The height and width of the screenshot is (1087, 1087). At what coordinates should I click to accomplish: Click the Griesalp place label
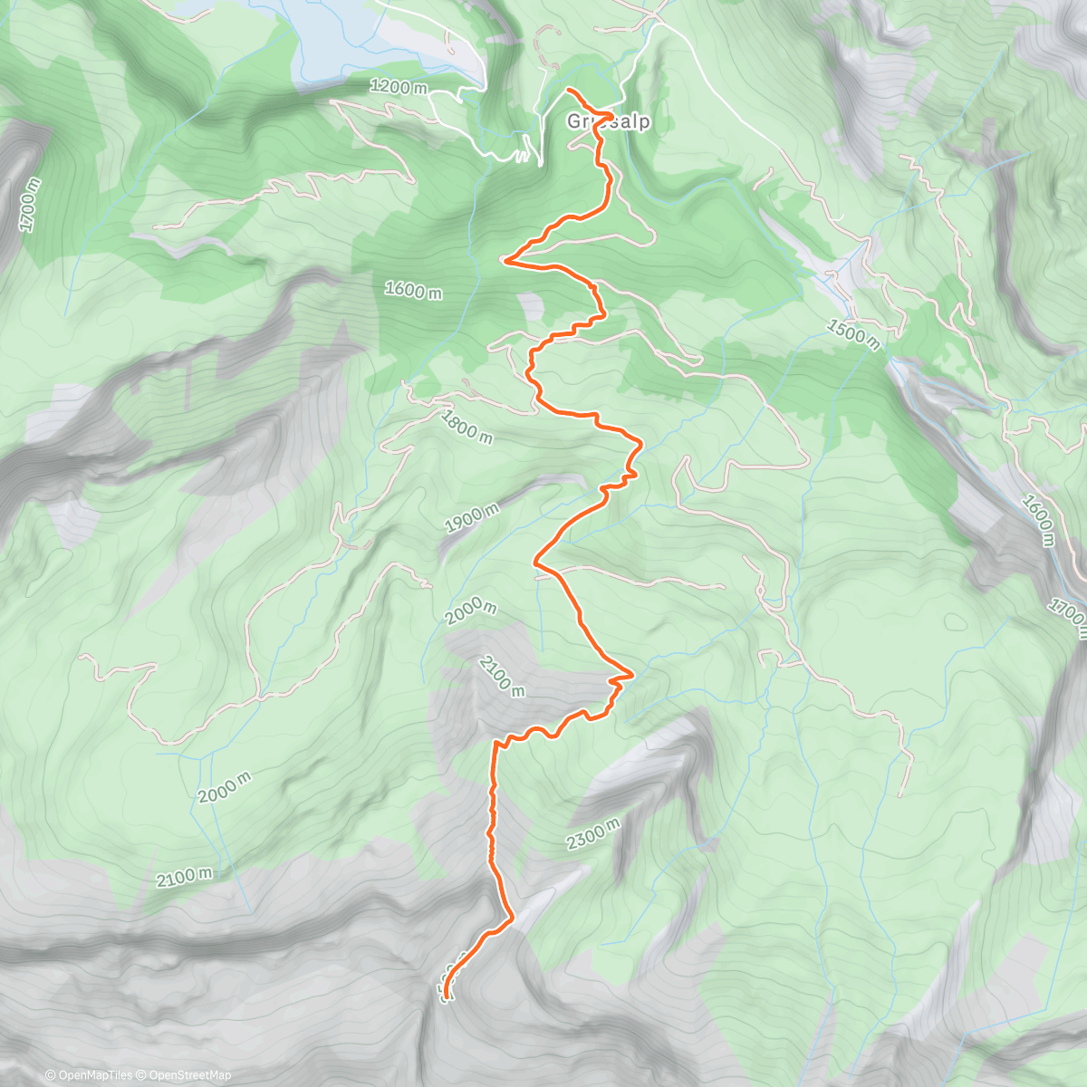pyautogui.click(x=609, y=121)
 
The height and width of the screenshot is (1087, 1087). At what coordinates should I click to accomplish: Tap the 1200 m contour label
pyautogui.click(x=399, y=88)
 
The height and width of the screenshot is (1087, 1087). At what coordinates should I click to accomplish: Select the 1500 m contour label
pyautogui.click(x=852, y=333)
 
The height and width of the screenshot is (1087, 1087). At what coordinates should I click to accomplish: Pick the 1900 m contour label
pyautogui.click(x=472, y=519)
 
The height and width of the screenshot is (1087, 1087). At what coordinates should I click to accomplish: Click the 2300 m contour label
pyautogui.click(x=593, y=834)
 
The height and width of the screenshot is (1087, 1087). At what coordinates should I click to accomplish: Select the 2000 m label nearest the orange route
pyautogui.click(x=471, y=613)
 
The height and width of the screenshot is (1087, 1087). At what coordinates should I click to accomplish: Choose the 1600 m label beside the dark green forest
pyautogui.click(x=413, y=290)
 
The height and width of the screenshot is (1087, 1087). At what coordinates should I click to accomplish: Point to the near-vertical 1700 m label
pyautogui.click(x=31, y=205)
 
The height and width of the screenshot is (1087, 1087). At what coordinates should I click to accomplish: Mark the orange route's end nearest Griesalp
pyautogui.click(x=568, y=90)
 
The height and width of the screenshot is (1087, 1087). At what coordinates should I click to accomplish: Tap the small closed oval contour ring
pyautogui.click(x=956, y=622)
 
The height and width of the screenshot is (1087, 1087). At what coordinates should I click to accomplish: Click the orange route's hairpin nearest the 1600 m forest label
pyautogui.click(x=505, y=261)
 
